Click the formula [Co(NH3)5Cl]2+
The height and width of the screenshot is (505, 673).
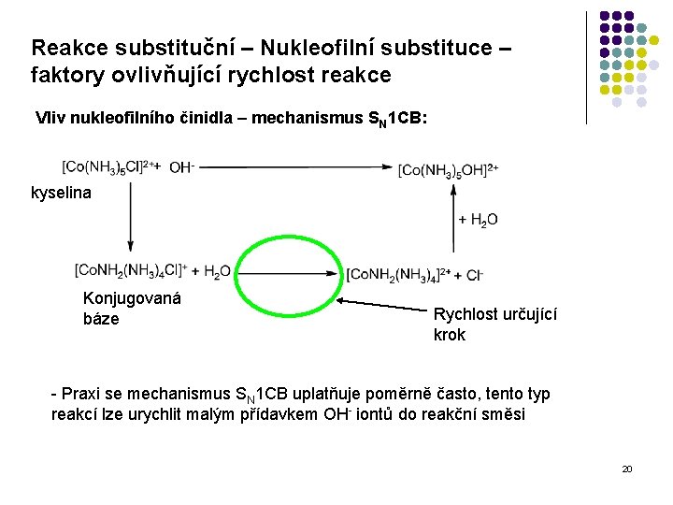tap(105, 167)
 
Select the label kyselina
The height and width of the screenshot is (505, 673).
tap(62, 193)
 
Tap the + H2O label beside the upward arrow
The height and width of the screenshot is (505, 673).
tap(478, 220)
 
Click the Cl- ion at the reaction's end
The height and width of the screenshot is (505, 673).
tap(474, 274)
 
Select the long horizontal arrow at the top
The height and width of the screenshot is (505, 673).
tap(295, 167)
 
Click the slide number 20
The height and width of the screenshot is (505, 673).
tap(626, 468)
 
